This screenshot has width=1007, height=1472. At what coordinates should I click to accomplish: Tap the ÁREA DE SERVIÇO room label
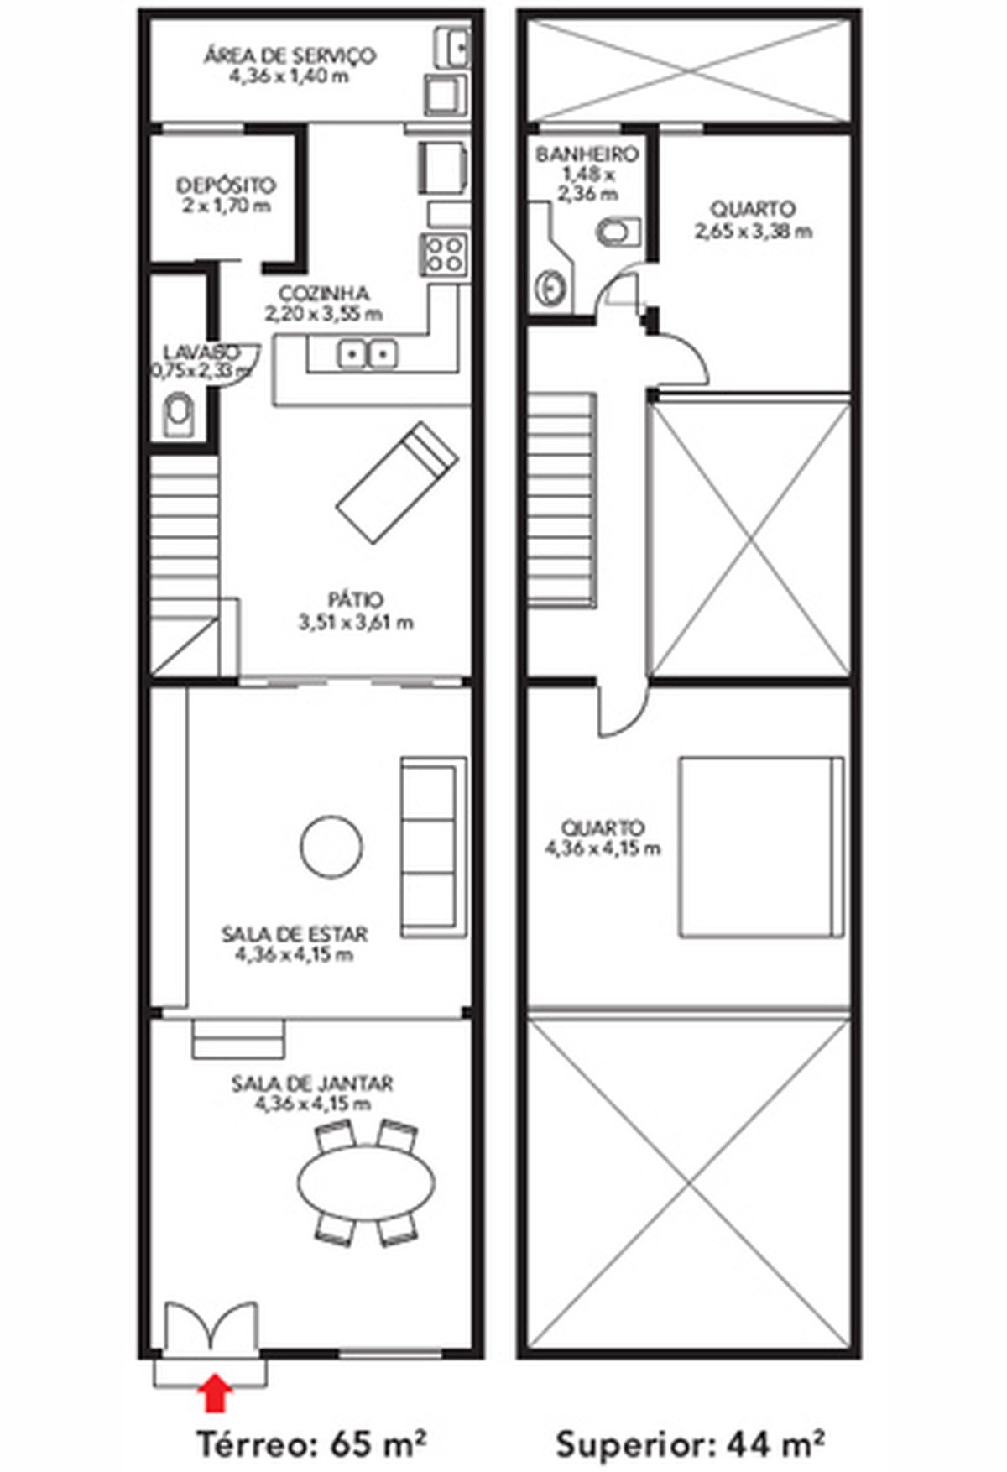point(290,56)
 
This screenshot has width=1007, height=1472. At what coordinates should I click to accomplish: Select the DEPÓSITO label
point(226,185)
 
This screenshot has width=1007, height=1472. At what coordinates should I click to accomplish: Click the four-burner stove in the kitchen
point(444,253)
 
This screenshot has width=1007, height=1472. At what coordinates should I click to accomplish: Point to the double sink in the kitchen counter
point(367,354)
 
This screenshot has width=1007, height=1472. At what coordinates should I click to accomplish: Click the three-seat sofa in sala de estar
point(434,848)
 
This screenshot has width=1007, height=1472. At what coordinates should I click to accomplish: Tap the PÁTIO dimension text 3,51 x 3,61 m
point(356,624)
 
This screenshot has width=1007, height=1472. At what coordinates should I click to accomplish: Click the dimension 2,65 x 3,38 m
point(754,231)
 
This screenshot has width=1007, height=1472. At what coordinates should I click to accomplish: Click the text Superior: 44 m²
point(689,1443)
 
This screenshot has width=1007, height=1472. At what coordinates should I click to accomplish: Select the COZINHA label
point(325,294)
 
